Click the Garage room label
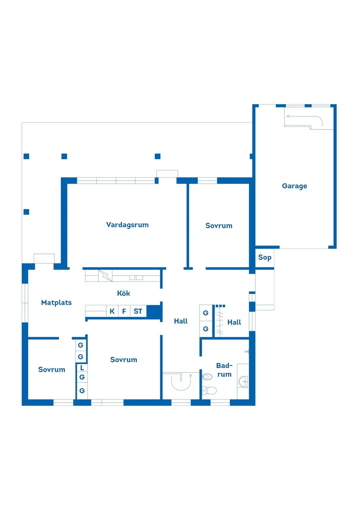[x=295, y=186]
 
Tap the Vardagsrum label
[x=127, y=225]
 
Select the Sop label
[x=265, y=257]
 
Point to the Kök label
[x=123, y=293]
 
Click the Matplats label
[x=56, y=303]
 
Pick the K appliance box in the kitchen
[x=112, y=311]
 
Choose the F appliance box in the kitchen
[x=124, y=311]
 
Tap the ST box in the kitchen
[x=138, y=311]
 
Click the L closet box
[x=82, y=368]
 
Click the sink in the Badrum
[x=243, y=382]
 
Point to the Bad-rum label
[x=225, y=370]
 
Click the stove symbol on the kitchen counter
[x=105, y=276]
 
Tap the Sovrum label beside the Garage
[x=219, y=225]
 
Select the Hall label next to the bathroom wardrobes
[x=234, y=322]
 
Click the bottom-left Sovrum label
[x=51, y=369]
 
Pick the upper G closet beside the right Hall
[x=206, y=313]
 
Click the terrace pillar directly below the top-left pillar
[x=27, y=212]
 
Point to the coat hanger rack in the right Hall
[x=219, y=321]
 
